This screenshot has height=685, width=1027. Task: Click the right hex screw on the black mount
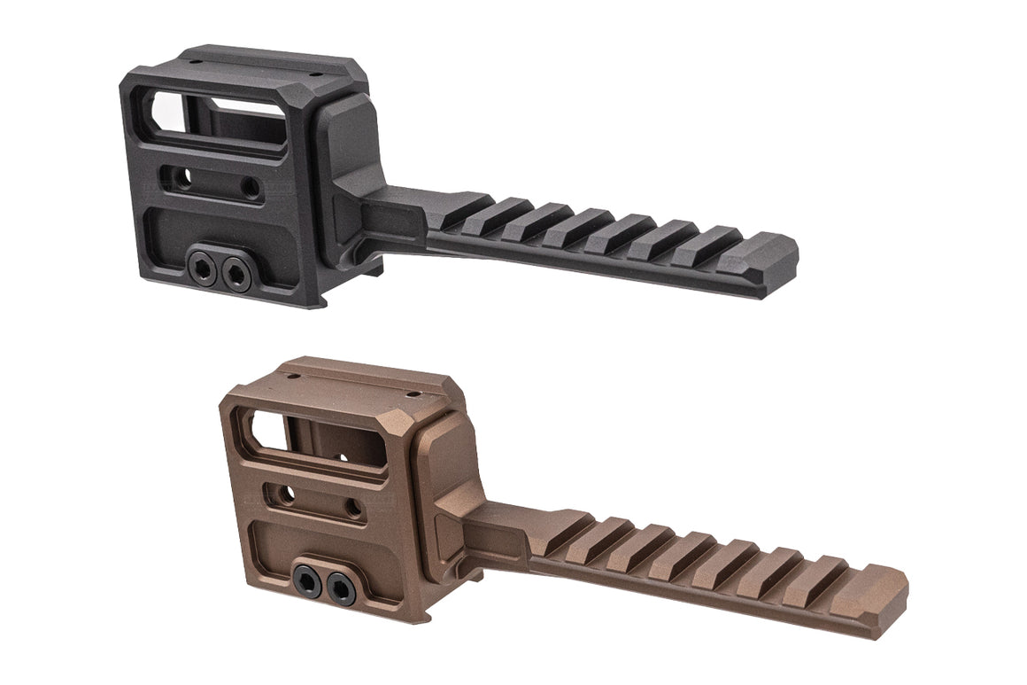pos(236,269)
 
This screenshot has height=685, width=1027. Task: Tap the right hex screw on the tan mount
pos(340,585)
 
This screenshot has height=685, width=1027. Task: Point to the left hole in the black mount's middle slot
pos(182,180)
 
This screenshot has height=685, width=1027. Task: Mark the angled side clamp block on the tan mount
pos(447,492)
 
